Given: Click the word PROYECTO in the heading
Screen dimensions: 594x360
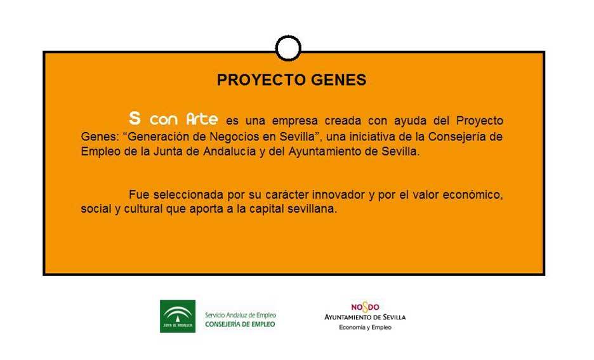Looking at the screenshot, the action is click(261, 80).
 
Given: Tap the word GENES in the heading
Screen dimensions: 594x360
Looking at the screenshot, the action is click(339, 80).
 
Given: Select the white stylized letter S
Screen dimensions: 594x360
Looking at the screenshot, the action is click(135, 118).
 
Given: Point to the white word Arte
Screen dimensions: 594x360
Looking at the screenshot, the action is click(202, 119).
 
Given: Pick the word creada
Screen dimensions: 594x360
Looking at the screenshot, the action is click(343, 121).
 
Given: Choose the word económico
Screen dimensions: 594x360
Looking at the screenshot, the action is click(473, 195).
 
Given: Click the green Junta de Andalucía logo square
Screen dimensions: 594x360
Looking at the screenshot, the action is click(178, 316).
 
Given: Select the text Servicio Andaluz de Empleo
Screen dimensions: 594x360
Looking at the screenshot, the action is click(241, 316).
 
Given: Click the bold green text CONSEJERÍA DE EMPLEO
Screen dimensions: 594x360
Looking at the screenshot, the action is click(240, 324).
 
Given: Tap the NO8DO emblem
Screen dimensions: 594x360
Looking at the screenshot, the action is click(365, 307).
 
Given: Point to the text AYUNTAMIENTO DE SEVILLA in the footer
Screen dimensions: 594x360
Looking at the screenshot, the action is click(365, 317).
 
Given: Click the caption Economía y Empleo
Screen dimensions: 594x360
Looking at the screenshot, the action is click(365, 328).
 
